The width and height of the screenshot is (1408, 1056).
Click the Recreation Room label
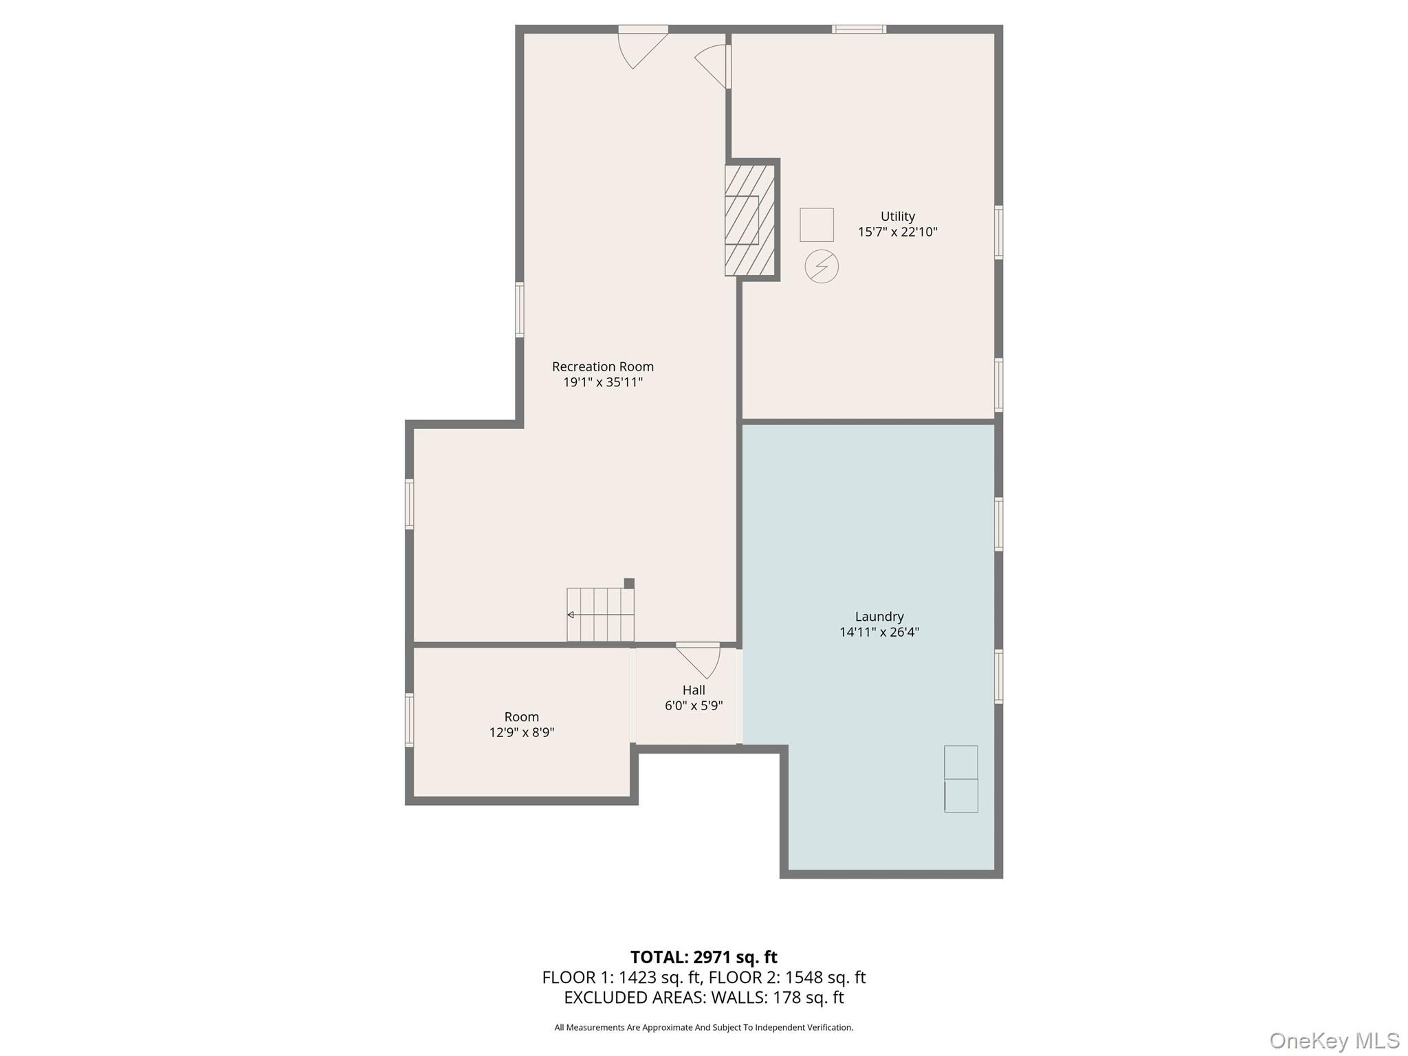pyautogui.click(x=602, y=366)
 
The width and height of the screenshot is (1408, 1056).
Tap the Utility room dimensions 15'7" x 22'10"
pyautogui.click(x=897, y=232)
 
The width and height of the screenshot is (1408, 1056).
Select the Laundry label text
pyautogui.click(x=879, y=617)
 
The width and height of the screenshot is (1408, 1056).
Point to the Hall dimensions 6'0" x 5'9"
pyautogui.click(x=694, y=705)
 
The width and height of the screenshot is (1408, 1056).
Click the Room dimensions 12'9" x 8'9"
pyautogui.click(x=521, y=732)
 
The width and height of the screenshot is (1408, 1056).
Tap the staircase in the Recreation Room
pyautogui.click(x=600, y=614)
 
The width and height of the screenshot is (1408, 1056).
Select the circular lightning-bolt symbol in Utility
pyautogui.click(x=822, y=267)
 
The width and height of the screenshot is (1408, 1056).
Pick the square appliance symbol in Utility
pyautogui.click(x=816, y=225)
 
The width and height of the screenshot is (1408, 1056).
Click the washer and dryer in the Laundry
pyautogui.click(x=960, y=779)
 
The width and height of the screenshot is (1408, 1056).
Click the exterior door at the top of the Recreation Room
pyautogui.click(x=643, y=47)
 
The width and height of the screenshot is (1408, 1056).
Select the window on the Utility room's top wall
pyautogui.click(x=859, y=29)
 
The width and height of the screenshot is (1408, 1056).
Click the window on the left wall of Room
pyautogui.click(x=409, y=720)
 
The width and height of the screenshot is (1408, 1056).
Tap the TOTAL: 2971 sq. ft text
pyautogui.click(x=703, y=957)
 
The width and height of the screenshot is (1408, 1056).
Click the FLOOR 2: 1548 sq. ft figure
pyautogui.click(x=787, y=977)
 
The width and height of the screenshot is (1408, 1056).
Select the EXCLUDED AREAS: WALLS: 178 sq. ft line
pyautogui.click(x=703, y=997)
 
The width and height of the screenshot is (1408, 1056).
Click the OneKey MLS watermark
pyautogui.click(x=1334, y=1041)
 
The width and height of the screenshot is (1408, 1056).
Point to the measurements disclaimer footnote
pyautogui.click(x=703, y=1028)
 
